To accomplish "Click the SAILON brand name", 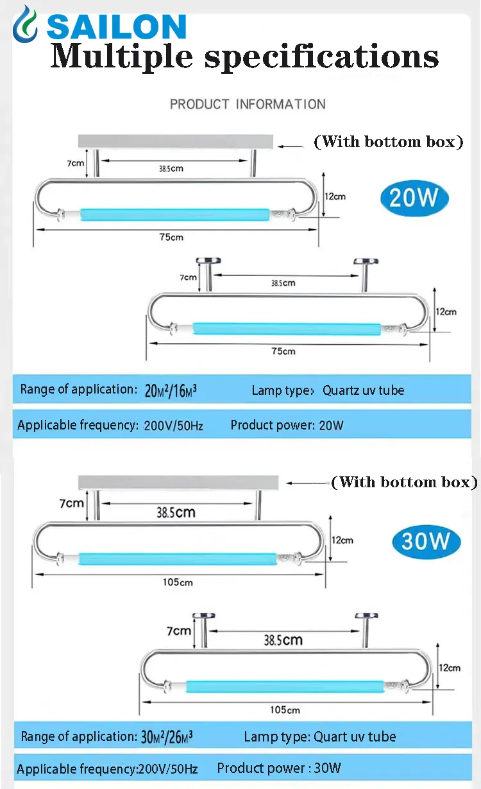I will tap(116, 26).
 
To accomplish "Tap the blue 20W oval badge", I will tap(413, 198).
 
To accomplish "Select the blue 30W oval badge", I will tap(426, 541).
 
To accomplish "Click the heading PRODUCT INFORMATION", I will tap(248, 104).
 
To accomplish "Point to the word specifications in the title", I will tap(321, 56).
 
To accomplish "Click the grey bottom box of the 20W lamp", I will tap(175, 141).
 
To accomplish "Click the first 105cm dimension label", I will tap(178, 582).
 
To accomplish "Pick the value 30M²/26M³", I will tap(167, 737).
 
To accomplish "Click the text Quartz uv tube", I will tap(363, 390).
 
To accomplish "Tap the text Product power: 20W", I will tap(287, 425).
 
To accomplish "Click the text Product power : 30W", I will tap(279, 768).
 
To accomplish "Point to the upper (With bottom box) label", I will tap(388, 142).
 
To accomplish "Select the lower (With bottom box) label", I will tap(405, 482).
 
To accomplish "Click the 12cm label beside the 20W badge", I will tap(335, 196).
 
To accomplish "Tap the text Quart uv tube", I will tap(354, 737).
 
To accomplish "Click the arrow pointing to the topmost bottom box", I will tap(291, 146).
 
